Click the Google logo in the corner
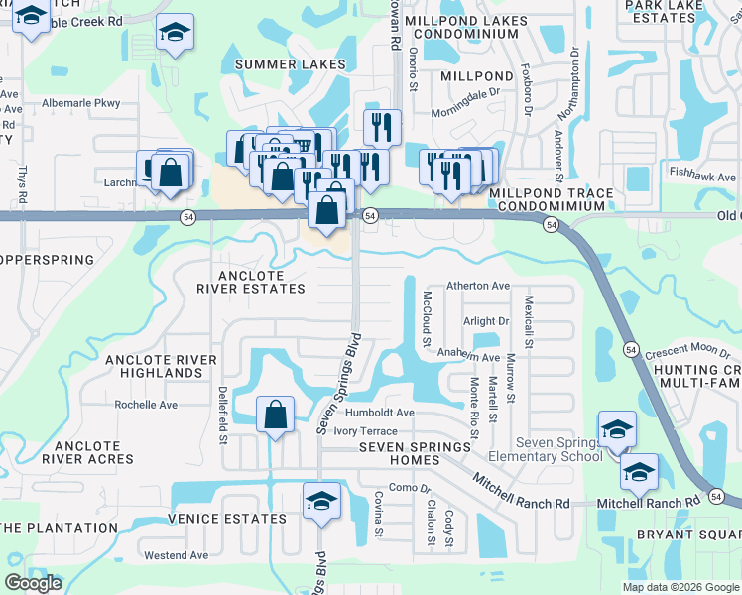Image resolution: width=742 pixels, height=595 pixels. (x=33, y=583)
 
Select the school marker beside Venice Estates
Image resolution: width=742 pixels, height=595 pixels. (x=321, y=503)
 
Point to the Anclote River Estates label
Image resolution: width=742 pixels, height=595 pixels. (x=250, y=283)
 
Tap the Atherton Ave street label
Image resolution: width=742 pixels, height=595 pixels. (x=478, y=286)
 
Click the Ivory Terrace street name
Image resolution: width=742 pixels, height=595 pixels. (x=365, y=431)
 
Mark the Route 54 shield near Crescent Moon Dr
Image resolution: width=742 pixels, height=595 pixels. (x=631, y=349)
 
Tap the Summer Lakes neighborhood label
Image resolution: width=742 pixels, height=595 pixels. (x=281, y=64)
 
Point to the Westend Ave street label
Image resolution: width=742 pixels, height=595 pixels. (x=176, y=555)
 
